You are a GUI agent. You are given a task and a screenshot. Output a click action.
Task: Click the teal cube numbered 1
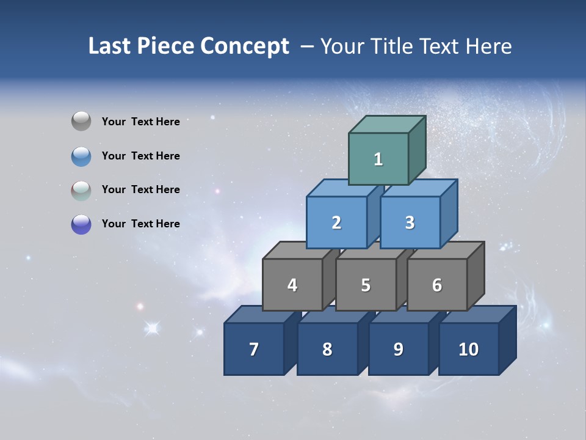point(378,159)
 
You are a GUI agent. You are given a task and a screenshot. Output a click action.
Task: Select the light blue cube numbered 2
point(336,222)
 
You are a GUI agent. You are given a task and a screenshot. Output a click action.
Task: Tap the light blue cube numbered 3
point(410,222)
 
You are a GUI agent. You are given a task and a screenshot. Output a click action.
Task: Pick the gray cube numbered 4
point(292,285)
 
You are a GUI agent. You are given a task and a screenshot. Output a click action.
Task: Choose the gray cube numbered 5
point(366,285)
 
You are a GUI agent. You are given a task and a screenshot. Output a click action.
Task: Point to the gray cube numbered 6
point(437,285)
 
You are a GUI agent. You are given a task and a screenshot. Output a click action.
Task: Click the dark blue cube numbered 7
point(254,349)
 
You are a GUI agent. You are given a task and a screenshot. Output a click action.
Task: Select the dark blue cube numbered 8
point(327,349)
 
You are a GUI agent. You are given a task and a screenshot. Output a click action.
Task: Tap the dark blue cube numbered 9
point(398,349)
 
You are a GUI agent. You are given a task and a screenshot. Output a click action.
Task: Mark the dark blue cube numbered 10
point(468,349)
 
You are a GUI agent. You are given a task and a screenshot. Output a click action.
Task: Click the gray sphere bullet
point(81,122)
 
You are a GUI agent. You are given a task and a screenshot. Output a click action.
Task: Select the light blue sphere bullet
point(81,156)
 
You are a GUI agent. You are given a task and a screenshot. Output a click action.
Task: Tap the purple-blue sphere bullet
point(81,224)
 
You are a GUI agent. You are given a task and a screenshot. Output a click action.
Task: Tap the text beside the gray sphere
point(141,122)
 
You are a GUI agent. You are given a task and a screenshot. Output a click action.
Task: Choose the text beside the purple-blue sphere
point(141,224)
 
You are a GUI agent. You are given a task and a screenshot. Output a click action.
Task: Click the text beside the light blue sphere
point(141,156)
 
